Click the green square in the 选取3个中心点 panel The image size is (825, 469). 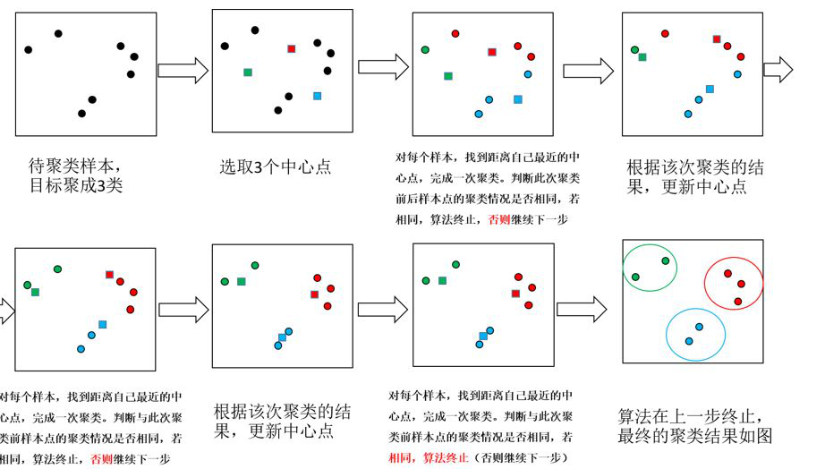coord(248,72)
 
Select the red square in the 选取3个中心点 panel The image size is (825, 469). coord(291,49)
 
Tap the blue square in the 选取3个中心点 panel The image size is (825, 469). coord(317,96)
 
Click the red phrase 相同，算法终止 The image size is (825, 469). coord(429,458)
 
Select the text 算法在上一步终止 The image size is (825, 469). coord(689,417)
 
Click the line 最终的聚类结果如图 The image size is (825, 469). coord(695,437)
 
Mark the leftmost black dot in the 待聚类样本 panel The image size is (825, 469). coord(29,49)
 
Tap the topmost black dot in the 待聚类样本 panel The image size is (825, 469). coord(58,34)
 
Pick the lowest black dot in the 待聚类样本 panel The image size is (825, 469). coord(81,114)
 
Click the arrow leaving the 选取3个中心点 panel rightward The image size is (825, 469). coord(383,66)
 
